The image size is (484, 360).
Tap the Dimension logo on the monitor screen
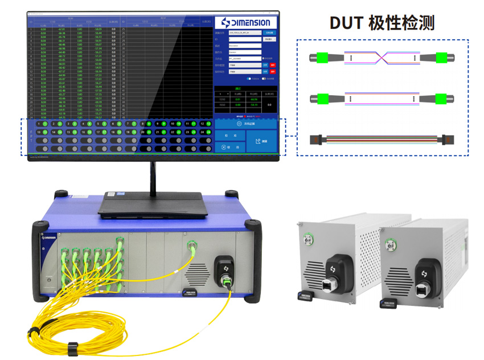[247, 23]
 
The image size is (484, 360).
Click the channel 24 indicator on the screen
[204, 132]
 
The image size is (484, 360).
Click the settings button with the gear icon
[247, 123]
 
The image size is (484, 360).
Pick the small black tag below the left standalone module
[306, 295]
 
